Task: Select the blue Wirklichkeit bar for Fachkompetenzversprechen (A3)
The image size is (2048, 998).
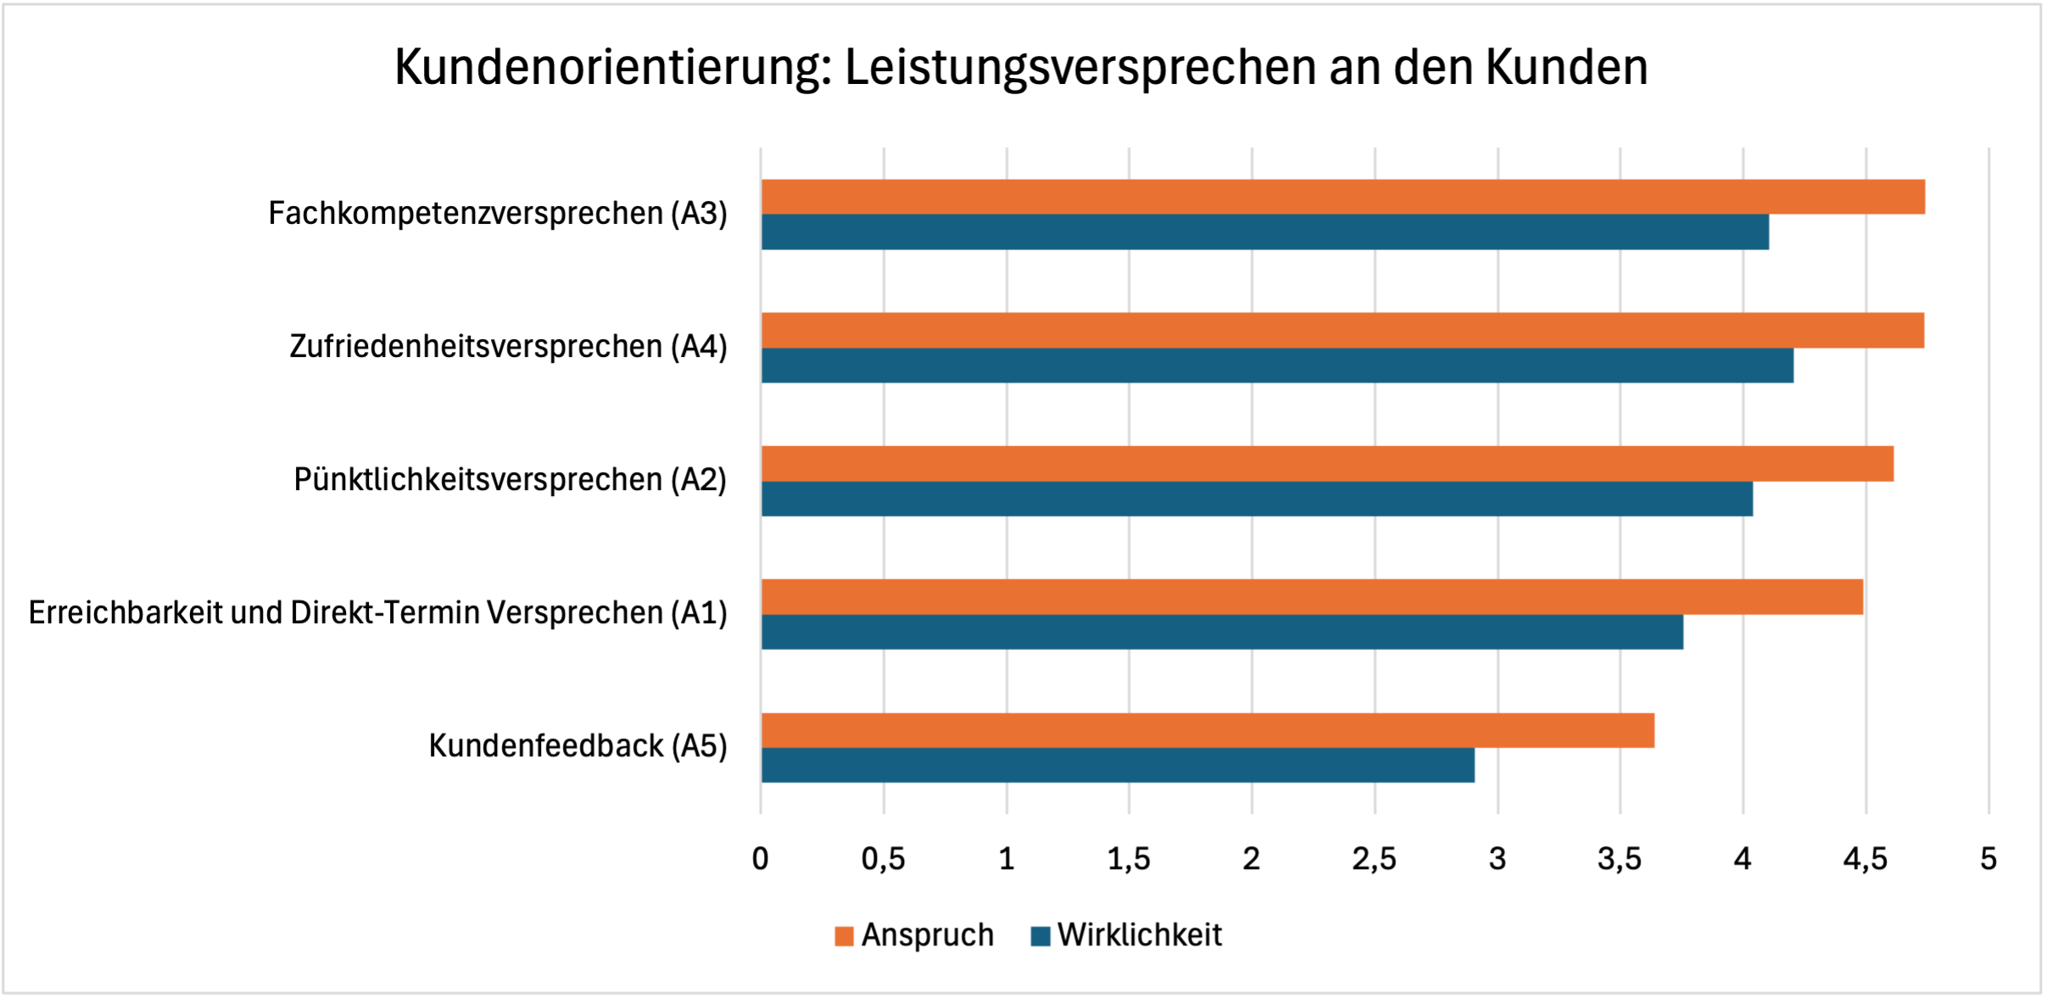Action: click(1264, 232)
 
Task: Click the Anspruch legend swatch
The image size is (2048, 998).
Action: click(844, 936)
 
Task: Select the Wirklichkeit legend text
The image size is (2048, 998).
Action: click(1139, 935)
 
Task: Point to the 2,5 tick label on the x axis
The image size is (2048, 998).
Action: click(1374, 860)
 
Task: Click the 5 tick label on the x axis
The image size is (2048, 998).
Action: click(1988, 860)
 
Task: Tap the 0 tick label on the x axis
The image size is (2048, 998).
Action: click(761, 860)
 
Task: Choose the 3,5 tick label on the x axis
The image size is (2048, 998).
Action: click(1620, 860)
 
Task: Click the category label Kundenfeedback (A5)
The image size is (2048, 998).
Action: click(578, 746)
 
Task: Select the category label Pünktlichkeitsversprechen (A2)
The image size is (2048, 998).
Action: click(510, 480)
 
